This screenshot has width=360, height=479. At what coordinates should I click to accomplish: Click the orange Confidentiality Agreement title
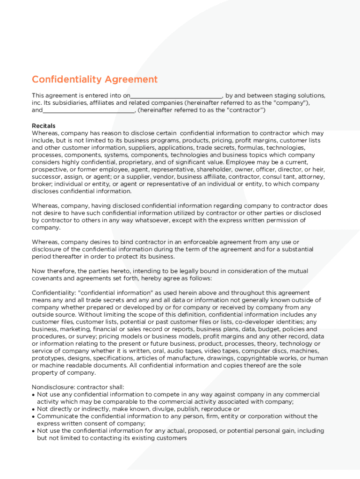(x=94, y=80)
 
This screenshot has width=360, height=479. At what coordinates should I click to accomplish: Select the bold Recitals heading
(x=43, y=126)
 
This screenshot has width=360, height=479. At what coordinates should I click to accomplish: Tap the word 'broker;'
(x=43, y=184)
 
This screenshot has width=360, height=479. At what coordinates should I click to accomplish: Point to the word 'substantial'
(x=296, y=249)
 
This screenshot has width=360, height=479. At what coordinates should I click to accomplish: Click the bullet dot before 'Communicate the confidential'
(x=34, y=416)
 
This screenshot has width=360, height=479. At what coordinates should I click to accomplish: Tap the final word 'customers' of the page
(x=172, y=438)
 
